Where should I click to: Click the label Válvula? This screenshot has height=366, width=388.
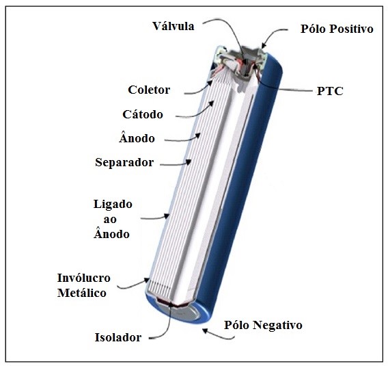[174, 26]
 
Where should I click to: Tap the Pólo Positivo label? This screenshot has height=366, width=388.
[337, 29]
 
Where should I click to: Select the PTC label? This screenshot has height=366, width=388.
[330, 91]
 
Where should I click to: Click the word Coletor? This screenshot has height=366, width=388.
[149, 90]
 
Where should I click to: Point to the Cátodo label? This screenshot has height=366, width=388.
[143, 114]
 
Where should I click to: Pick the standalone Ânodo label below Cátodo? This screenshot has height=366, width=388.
[137, 138]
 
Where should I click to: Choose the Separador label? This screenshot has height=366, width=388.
[124, 163]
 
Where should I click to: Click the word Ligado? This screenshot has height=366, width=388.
[113, 205]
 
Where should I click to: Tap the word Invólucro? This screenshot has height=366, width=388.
[84, 278]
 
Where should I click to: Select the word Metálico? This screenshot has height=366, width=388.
[82, 293]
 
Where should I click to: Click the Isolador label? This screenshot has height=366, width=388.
[118, 337]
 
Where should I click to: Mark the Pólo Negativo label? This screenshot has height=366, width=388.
[263, 325]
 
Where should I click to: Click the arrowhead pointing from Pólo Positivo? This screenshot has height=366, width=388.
[264, 46]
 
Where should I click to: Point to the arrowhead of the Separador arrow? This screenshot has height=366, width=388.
[189, 162]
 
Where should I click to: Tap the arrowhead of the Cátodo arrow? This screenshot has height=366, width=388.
[211, 103]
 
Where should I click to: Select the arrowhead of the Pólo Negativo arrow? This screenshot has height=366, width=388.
[205, 330]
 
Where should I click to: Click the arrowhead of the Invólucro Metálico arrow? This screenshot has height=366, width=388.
[147, 280]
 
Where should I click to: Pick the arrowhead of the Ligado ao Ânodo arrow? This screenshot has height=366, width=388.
[167, 216]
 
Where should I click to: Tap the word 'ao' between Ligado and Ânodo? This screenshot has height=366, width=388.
[109, 220]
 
